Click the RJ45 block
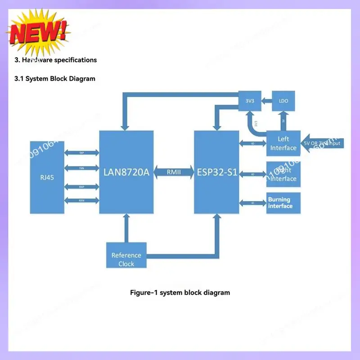pos(47,177)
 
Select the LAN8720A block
pos(126,172)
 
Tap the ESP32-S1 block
pos(217,172)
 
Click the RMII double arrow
pos(174,171)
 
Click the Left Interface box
pos(283,143)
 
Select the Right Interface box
pos(283,175)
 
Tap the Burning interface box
pos(283,203)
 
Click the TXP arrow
pos(81,153)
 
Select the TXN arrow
pos(81,168)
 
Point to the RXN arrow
pos(81,200)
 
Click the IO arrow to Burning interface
pos(252,203)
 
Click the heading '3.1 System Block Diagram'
pos(55,78)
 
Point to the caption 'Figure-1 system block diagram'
pos(180,292)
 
